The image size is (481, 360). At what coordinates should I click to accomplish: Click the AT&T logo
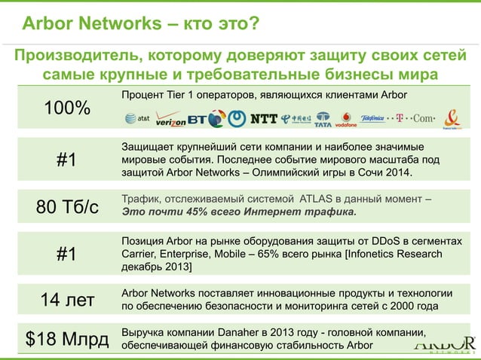[x=136, y=118]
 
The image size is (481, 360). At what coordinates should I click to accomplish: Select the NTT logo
[x=263, y=118]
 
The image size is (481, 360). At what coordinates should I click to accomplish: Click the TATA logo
[x=323, y=118]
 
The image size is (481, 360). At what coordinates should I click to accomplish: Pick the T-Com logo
[x=415, y=118]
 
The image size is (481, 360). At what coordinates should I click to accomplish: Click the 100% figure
[x=67, y=108]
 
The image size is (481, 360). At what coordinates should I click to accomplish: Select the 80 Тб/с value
[x=67, y=206]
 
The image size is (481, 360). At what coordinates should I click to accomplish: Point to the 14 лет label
[x=67, y=300]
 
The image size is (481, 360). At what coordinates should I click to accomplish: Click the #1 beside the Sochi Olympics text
[x=67, y=160]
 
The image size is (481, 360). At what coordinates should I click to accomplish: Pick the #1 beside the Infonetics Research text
[x=67, y=254]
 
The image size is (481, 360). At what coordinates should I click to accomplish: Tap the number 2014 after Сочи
[x=398, y=172]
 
